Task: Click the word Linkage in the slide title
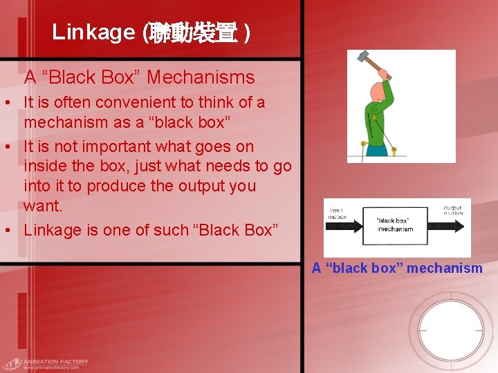tap(93, 32)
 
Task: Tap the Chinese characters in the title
tap(194, 32)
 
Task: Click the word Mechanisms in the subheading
tap(201, 77)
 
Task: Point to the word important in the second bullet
tap(110, 146)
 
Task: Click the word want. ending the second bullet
tap(43, 206)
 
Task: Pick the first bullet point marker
tap(6, 103)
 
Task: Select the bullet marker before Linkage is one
tap(6, 231)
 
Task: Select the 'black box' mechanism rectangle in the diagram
tap(395, 225)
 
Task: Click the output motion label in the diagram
tap(453, 209)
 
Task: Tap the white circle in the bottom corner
tap(451, 331)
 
